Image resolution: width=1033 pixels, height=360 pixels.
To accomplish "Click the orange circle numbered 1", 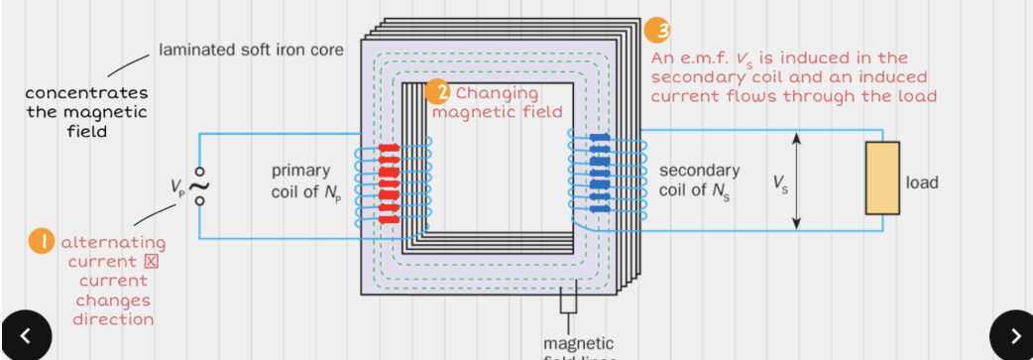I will [41, 242].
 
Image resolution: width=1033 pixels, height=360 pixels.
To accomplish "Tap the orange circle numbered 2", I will [437, 92].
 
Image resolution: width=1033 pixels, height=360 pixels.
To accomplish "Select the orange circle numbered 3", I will [656, 31].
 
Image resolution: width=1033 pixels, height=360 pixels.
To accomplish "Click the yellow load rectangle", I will [881, 179].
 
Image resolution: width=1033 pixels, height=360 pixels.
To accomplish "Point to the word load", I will [922, 182].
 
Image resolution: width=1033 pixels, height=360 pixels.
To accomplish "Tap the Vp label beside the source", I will [178, 185].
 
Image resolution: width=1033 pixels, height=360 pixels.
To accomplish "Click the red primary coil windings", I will [389, 182].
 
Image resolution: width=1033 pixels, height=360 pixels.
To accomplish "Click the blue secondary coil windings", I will [600, 175].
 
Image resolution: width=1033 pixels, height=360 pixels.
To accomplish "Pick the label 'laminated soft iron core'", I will [251, 50].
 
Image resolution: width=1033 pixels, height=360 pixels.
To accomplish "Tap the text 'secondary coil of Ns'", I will [699, 180].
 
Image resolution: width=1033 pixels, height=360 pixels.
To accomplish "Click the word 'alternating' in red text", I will [113, 243].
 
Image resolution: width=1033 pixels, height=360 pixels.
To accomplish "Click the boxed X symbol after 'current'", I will [152, 262].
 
